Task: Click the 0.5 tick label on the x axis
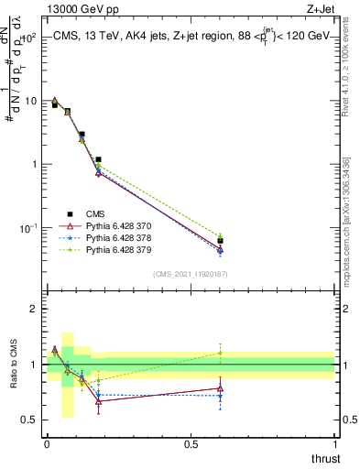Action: tap(191, 444)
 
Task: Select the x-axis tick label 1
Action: tap(335, 444)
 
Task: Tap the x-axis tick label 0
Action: tap(47, 444)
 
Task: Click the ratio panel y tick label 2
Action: tap(33, 309)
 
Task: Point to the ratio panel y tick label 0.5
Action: tap(29, 420)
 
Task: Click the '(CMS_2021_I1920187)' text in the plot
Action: tap(190, 273)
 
